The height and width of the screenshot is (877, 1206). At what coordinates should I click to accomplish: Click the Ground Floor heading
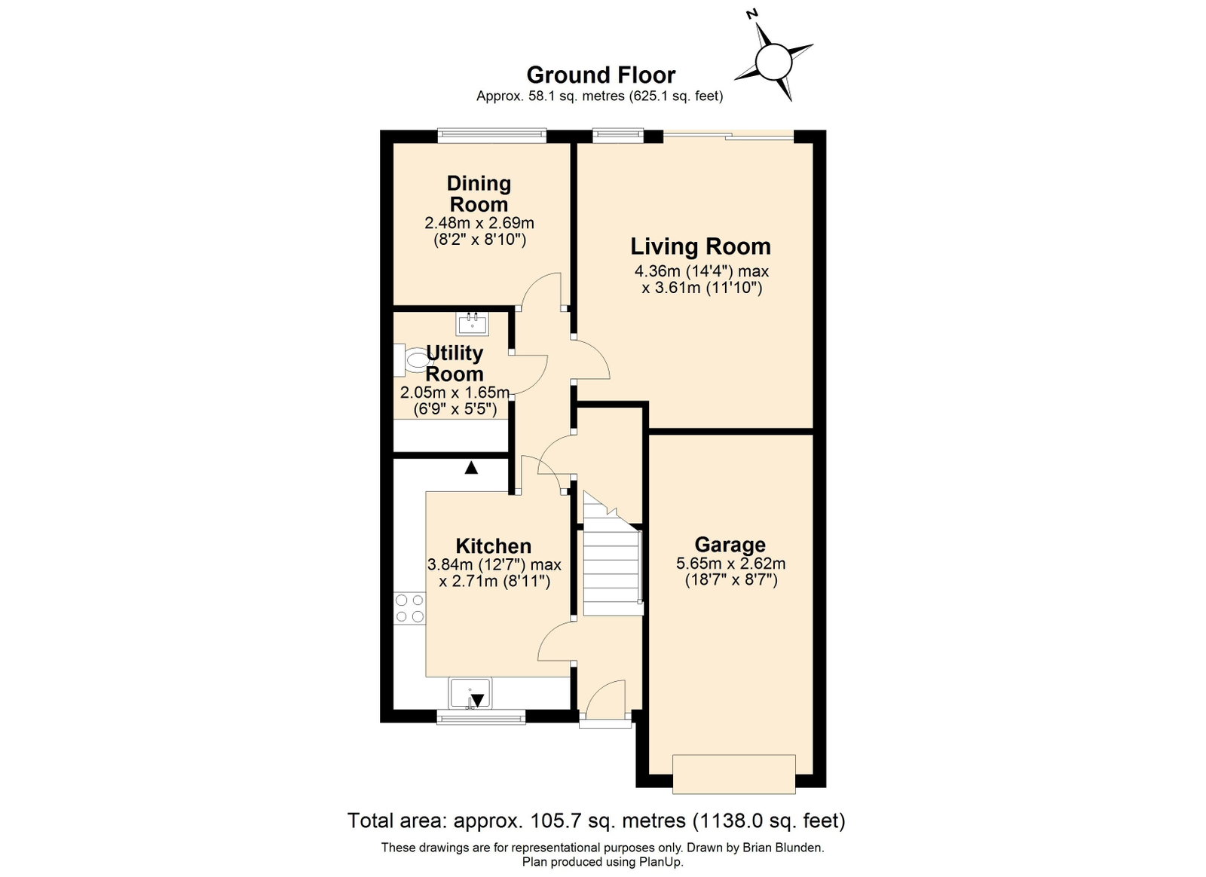tap(601, 75)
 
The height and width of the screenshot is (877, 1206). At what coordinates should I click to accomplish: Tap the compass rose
tap(774, 63)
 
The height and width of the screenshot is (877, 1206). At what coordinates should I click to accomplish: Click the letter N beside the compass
tap(752, 14)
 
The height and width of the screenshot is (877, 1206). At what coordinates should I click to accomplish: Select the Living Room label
tap(700, 246)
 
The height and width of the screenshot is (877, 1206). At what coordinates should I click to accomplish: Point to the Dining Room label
tap(479, 194)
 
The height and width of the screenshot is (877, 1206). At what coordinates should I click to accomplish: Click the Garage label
tap(730, 545)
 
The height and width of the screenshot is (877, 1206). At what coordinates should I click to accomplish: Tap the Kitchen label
tap(493, 545)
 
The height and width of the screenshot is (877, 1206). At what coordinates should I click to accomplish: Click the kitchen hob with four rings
tap(410, 608)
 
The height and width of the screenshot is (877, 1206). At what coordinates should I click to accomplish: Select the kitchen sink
tap(470, 693)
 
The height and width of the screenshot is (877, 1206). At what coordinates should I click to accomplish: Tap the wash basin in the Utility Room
tap(472, 325)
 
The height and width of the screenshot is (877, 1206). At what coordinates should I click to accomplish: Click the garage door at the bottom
tap(734, 775)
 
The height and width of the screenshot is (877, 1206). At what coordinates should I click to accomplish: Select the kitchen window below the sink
tap(481, 717)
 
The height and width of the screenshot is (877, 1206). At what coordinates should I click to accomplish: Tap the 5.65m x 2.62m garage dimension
tap(730, 564)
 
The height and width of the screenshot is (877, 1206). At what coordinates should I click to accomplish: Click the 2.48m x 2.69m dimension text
tap(479, 222)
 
